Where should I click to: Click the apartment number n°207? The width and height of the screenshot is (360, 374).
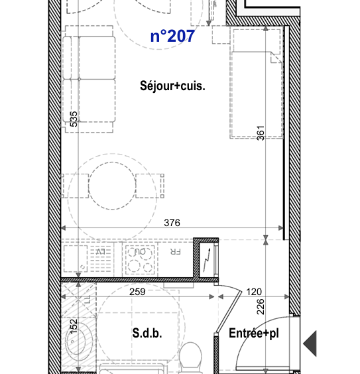(x=172, y=36)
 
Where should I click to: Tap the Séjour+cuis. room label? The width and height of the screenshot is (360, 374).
(x=172, y=86)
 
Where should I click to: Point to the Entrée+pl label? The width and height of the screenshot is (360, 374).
(x=254, y=334)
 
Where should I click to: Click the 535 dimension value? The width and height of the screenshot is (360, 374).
(x=74, y=119)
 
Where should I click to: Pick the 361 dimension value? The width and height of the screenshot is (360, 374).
(x=261, y=133)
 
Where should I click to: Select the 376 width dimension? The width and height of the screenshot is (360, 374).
(x=172, y=223)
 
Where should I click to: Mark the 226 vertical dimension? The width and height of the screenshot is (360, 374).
(x=261, y=306)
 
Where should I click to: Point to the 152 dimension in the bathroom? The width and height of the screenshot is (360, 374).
(x=74, y=327)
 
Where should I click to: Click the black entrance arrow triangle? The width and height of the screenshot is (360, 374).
(x=310, y=344)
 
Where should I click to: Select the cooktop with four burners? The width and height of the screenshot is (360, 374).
(x=139, y=259)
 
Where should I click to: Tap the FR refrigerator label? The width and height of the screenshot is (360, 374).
(x=175, y=253)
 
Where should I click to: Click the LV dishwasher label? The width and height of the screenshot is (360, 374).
(x=101, y=253)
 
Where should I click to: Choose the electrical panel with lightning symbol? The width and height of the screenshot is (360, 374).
(x=208, y=259)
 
